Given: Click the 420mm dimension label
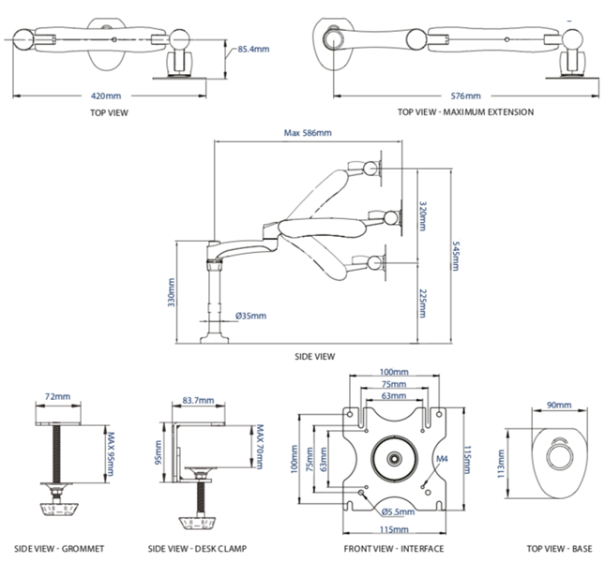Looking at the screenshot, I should point(105,96).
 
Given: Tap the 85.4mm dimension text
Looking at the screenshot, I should point(254,48).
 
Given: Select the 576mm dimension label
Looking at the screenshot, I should point(465,96).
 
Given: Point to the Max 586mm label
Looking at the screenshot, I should point(307,133).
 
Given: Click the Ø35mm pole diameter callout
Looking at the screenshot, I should point(250,316).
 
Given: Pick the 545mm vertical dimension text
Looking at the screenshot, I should point(454,256).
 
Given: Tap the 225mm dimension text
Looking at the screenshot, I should point(423,302).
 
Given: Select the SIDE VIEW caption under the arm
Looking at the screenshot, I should point(315,356).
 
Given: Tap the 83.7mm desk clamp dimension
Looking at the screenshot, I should point(199,401).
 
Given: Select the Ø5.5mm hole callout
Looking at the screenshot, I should point(399,511).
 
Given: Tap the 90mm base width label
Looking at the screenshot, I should point(558,406).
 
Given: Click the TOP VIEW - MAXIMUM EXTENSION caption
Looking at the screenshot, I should point(465,112).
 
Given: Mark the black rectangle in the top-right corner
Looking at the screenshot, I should point(571,10).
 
